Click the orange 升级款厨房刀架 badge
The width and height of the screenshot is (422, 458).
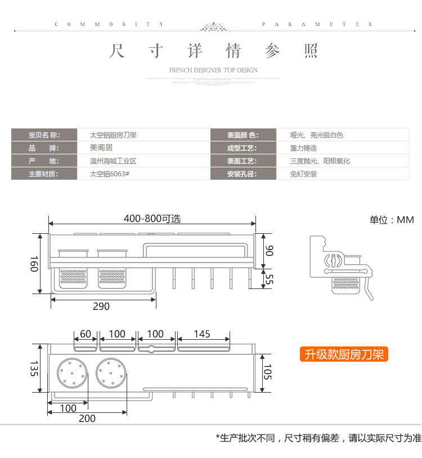(x=344, y=354)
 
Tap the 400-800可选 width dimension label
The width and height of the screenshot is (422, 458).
(x=152, y=219)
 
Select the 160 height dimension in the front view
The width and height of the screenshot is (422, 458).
(x=34, y=264)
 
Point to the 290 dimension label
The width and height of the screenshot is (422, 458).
(x=101, y=306)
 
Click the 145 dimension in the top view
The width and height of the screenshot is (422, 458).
(x=201, y=334)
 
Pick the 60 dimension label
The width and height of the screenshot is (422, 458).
(x=86, y=334)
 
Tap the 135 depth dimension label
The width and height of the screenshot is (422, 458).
(x=34, y=369)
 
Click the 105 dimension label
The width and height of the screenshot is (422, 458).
(x=268, y=372)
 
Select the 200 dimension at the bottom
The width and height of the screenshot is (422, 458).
(x=87, y=418)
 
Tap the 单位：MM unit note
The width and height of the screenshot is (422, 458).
(x=392, y=220)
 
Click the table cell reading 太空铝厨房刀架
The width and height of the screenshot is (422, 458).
(x=113, y=135)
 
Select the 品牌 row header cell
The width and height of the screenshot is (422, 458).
(x=44, y=148)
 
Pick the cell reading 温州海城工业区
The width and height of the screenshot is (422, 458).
(x=113, y=161)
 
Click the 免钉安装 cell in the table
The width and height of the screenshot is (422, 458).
(x=304, y=174)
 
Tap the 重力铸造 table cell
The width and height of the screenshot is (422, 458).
(x=304, y=148)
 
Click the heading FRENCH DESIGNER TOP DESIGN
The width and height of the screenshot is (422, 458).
(x=213, y=70)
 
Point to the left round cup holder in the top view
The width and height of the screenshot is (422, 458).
(x=72, y=373)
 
